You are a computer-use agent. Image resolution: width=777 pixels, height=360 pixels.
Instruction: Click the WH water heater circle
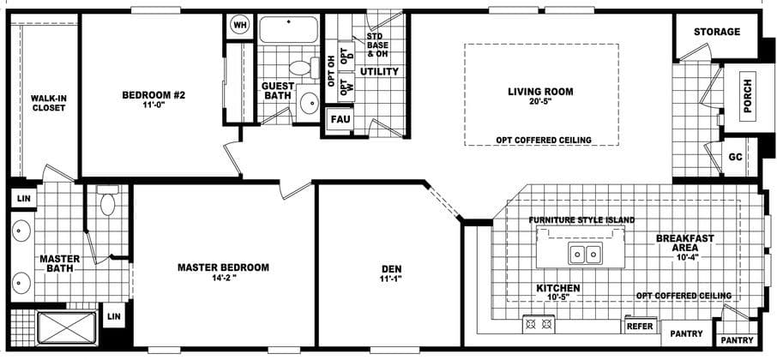coord(239,25)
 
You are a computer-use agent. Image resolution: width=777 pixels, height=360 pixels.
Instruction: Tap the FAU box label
coord(339,119)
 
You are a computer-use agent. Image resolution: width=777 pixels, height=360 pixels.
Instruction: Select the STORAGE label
coord(717,32)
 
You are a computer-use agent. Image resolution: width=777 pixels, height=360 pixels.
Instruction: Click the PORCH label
coord(749,102)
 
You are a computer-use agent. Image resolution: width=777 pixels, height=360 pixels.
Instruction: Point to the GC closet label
coord(735,158)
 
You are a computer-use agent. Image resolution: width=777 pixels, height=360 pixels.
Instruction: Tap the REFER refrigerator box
coord(640,327)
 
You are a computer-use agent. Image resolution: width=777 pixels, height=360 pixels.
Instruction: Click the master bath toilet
coord(107,201)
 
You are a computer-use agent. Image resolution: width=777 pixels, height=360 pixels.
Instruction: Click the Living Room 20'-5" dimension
coord(540,102)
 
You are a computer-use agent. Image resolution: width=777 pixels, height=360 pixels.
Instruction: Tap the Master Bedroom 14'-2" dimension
coord(223,279)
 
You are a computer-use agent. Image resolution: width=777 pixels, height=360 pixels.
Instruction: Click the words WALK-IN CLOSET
coord(48,103)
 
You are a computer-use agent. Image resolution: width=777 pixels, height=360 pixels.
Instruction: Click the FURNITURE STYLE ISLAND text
coord(581,220)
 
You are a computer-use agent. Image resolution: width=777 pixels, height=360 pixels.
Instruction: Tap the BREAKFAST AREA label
coord(684,243)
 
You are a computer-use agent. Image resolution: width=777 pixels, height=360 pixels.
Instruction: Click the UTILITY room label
coord(379,71)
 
